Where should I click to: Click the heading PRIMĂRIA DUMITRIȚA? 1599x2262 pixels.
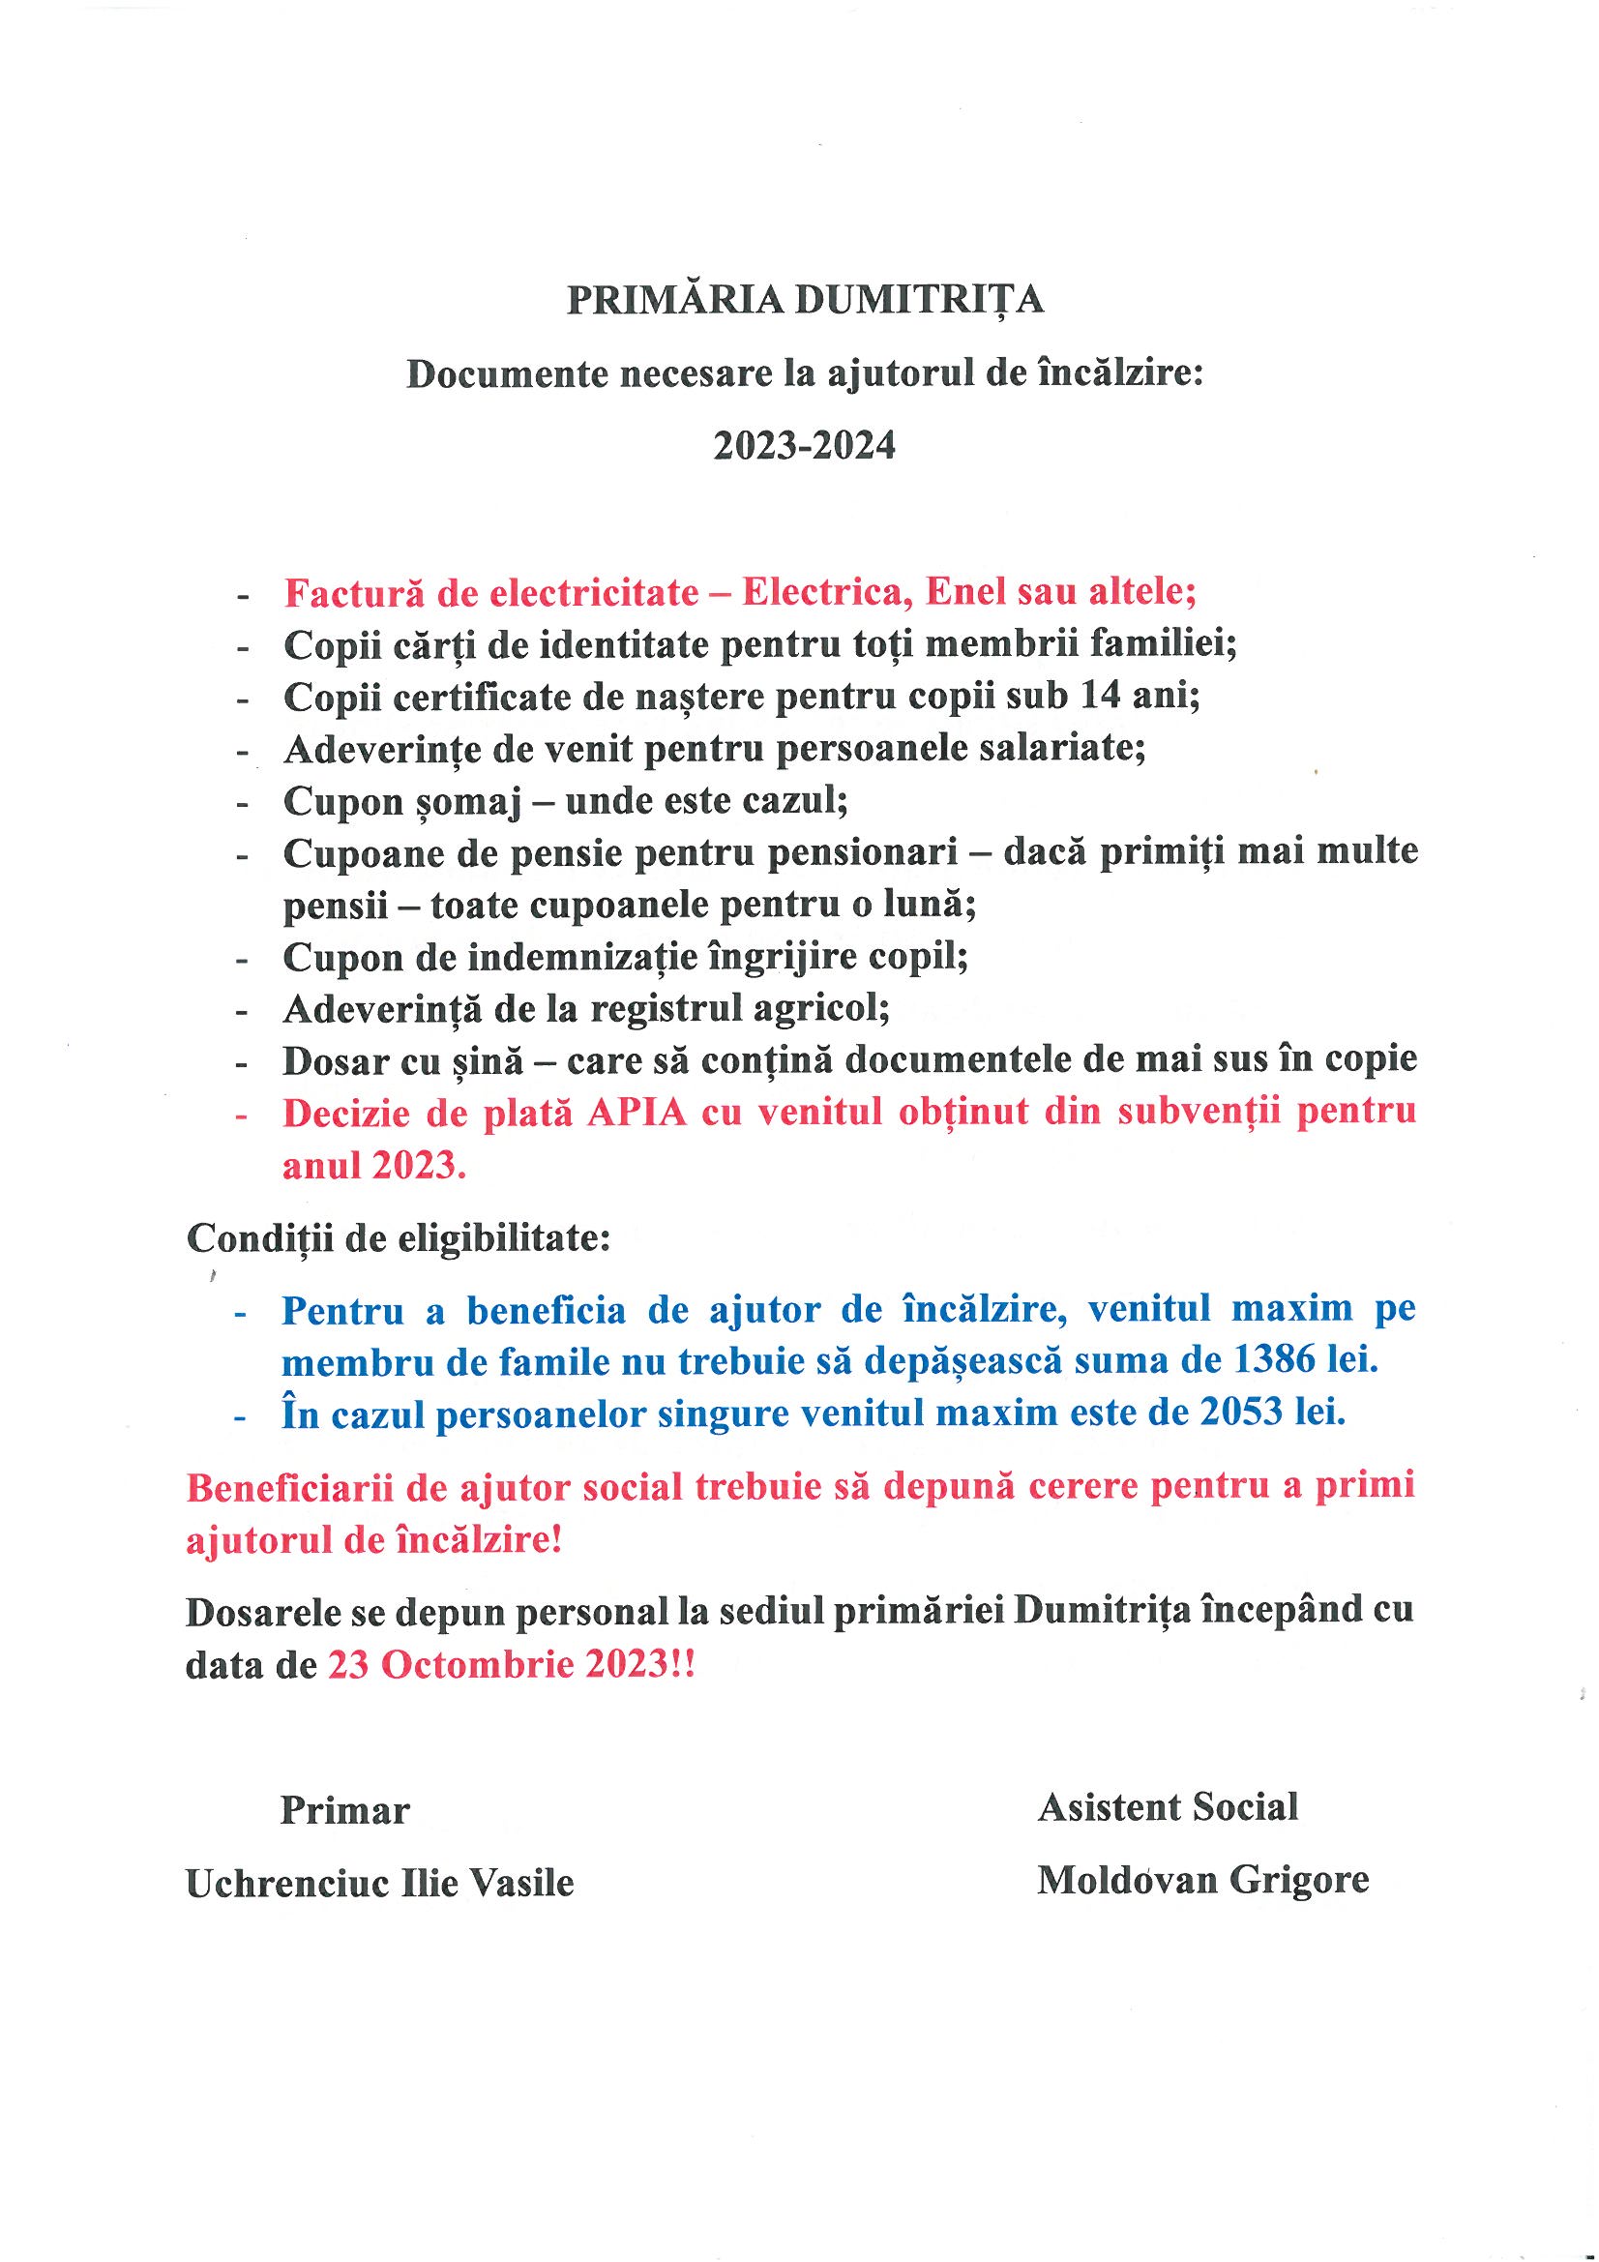[x=805, y=300]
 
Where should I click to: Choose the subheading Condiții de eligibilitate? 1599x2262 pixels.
[x=399, y=1238]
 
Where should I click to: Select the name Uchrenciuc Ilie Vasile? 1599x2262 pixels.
[x=380, y=1883]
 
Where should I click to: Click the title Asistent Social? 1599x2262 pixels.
[x=1168, y=1807]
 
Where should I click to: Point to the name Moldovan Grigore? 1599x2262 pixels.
[x=1202, y=1880]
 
